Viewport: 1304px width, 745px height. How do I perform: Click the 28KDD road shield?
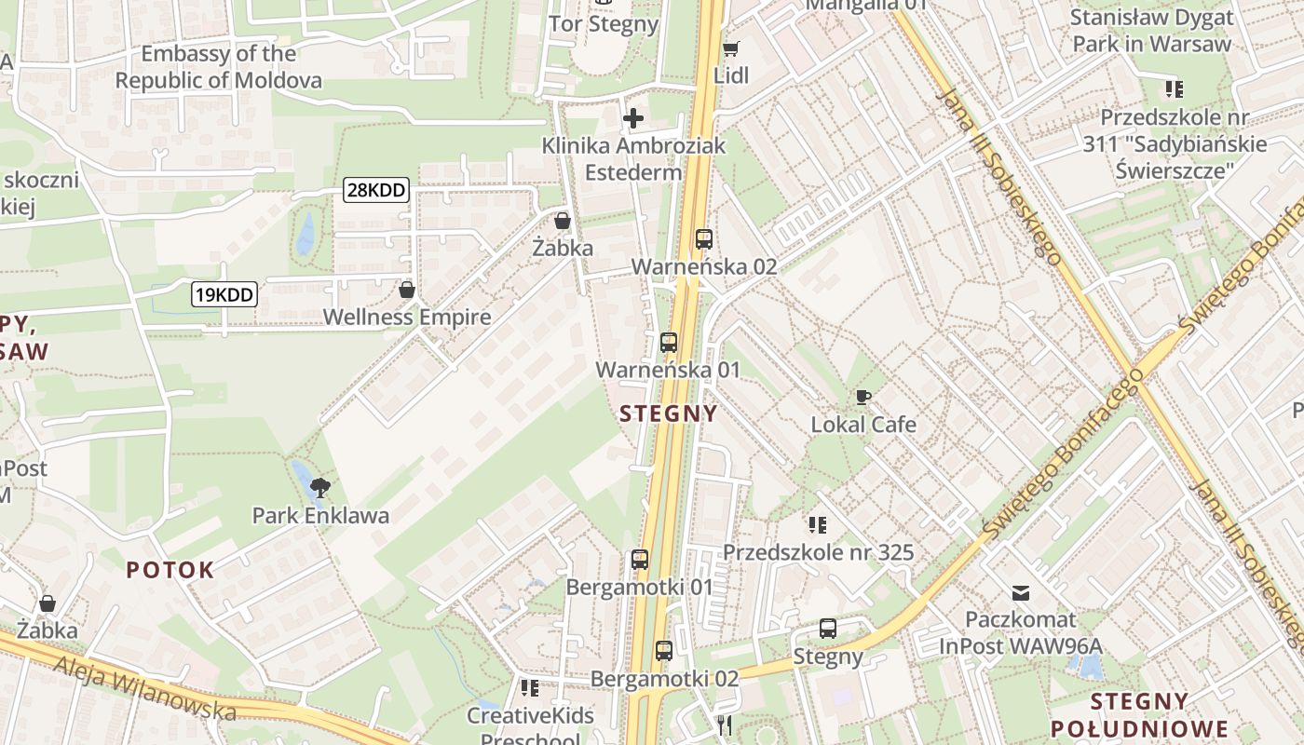point(376,191)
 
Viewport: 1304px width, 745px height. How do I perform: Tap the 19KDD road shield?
point(224,295)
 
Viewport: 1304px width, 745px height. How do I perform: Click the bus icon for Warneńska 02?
point(704,239)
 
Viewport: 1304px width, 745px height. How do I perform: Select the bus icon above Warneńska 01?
point(669,342)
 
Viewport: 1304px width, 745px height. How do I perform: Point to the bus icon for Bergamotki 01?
point(640,560)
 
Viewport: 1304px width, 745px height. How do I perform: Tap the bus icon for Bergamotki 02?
point(663,651)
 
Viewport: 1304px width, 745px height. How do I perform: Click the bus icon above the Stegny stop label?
point(828,629)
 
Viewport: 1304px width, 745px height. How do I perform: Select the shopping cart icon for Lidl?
point(731,47)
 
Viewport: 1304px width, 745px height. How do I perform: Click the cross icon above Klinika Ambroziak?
point(633,118)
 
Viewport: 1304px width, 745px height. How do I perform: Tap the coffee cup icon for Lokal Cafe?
point(863,398)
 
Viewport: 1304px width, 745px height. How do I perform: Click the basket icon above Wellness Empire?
point(407,290)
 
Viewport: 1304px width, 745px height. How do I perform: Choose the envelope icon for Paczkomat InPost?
point(1021,592)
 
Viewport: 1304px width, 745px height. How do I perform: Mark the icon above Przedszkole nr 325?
point(818,525)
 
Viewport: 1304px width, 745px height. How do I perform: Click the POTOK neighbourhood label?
point(170,570)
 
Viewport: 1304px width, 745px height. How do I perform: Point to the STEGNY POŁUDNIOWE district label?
point(1139,714)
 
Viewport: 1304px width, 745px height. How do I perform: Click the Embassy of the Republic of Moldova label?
point(219,67)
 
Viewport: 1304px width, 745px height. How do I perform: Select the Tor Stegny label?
point(604,23)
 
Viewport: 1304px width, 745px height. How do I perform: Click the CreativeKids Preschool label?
point(529,726)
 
